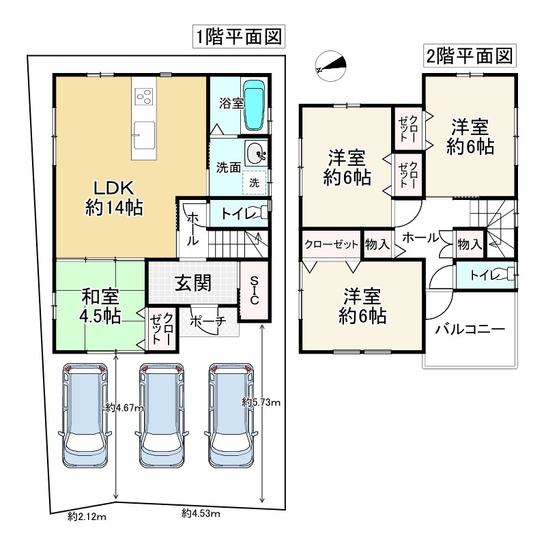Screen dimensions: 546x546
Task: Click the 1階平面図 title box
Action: (239, 37)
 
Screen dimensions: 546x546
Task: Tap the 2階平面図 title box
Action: (470, 56)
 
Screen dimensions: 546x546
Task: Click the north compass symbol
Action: (330, 66)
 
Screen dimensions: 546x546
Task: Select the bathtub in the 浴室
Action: (254, 105)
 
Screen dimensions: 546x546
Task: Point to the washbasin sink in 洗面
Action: (256, 153)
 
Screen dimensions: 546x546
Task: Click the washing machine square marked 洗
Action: (254, 182)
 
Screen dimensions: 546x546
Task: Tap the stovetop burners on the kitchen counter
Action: (145, 96)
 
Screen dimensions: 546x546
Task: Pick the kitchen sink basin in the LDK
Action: (144, 136)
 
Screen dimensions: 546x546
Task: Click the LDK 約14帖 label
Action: (114, 198)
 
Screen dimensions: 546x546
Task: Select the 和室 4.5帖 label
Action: (100, 306)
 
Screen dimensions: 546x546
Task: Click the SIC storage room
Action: (254, 290)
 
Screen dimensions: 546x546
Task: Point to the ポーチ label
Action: (208, 321)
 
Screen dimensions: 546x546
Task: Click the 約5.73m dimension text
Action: (261, 403)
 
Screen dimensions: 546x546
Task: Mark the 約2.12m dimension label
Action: (87, 517)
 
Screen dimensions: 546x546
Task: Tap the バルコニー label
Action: (470, 329)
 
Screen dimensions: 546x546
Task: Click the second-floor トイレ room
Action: (485, 275)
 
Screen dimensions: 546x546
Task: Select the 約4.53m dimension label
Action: (201, 513)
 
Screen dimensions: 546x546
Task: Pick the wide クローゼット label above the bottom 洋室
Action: (331, 244)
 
